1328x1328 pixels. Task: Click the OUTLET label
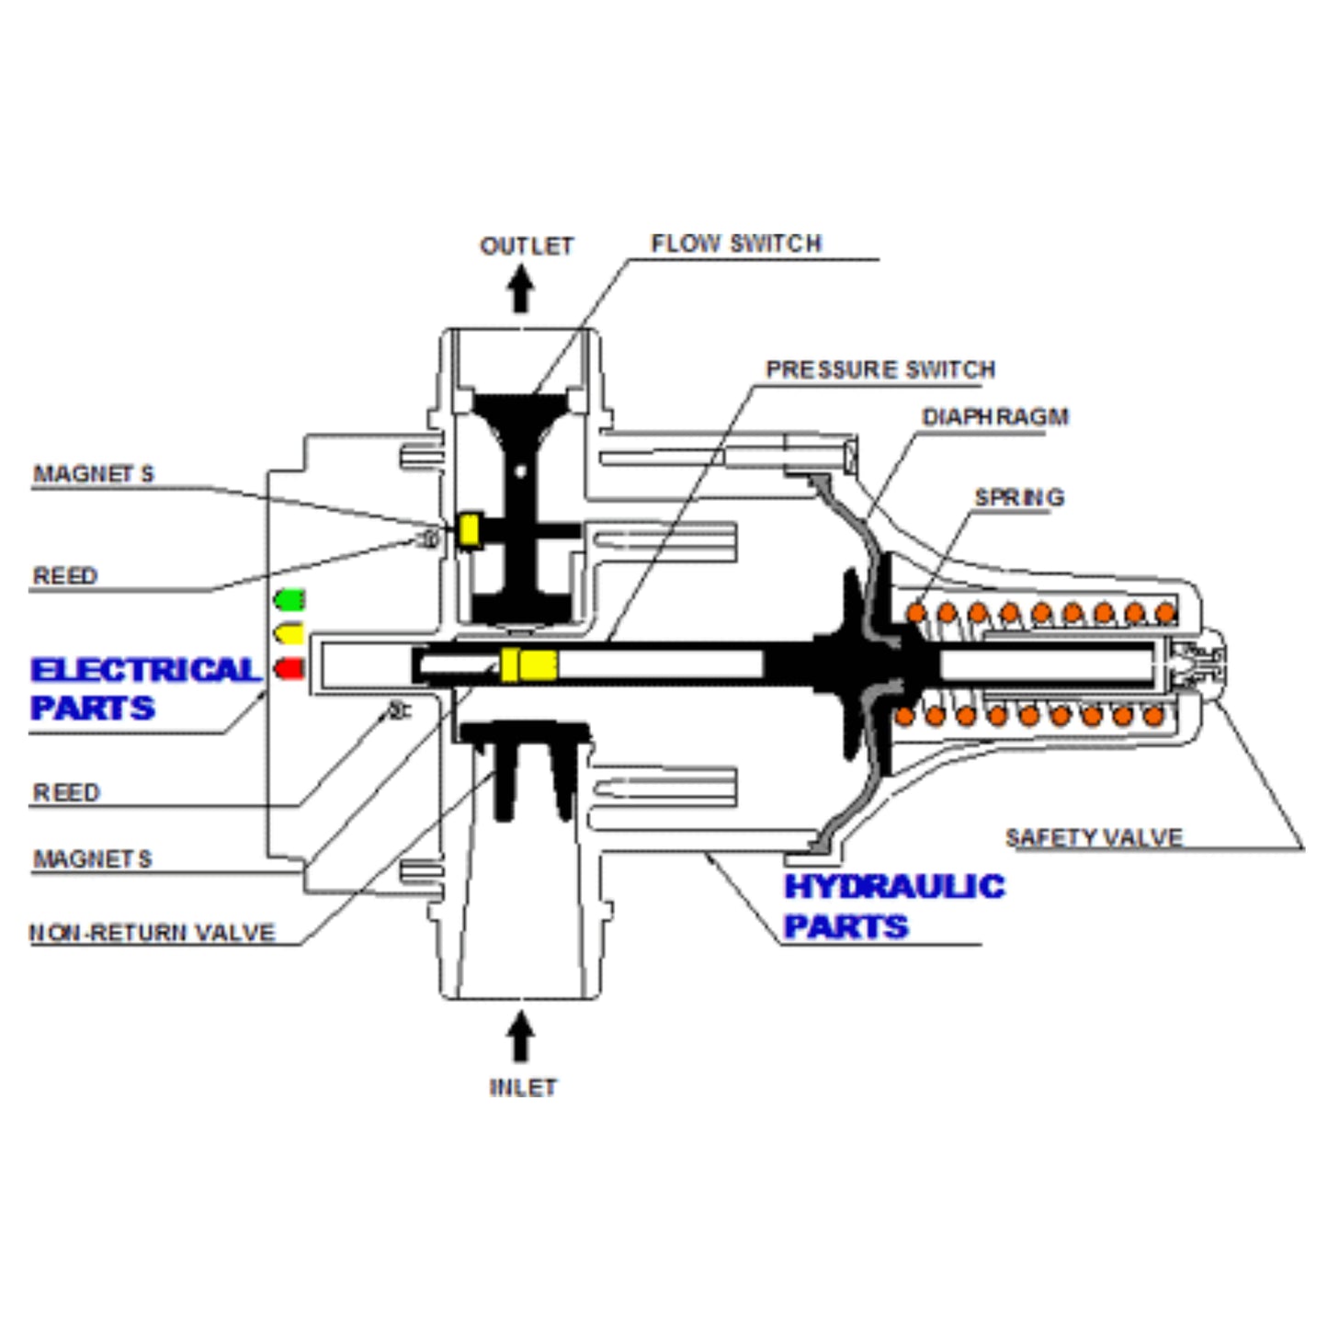coord(527,246)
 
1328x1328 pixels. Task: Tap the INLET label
coord(523,1087)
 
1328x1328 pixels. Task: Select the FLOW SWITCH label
coord(736,244)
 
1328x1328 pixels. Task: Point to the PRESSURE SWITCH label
coord(880,369)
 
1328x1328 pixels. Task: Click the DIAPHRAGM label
coord(995,417)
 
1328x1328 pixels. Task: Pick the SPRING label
coord(1019,497)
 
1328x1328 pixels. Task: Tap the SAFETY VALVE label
coord(1094,837)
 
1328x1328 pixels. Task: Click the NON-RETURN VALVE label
coord(153,933)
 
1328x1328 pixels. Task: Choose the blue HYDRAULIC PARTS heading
coord(893,906)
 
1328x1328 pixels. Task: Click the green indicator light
coord(289,600)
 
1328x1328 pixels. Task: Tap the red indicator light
coord(289,668)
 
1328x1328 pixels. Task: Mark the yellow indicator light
coord(289,634)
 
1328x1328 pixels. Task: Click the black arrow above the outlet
coord(521,289)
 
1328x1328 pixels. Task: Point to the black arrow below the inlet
coord(521,1037)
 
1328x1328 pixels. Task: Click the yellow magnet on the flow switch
coord(470,530)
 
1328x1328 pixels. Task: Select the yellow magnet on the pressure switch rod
coord(528,664)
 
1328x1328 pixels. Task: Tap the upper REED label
coord(65,576)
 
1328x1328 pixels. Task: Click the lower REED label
coord(66,792)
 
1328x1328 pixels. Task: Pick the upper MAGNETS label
coord(94,474)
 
